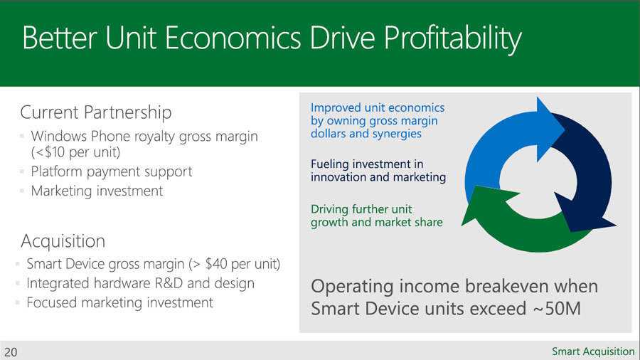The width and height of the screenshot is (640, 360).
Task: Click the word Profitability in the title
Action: pos(452,39)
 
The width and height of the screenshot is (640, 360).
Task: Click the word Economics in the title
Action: pos(233,38)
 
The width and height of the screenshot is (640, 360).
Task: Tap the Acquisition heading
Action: pos(63,241)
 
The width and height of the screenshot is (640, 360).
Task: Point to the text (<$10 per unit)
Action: pos(75,152)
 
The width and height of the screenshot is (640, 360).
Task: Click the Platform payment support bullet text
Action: pos(112,172)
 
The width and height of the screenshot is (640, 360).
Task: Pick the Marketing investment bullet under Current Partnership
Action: pos(97,191)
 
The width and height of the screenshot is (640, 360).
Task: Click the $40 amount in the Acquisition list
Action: pos(216,264)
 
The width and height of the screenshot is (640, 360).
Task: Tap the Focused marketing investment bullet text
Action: pos(119,302)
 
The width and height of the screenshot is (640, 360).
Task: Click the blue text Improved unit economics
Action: pos(378,107)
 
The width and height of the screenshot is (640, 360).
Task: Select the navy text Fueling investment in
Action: pos(367,164)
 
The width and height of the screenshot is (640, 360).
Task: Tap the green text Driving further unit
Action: pos(361,209)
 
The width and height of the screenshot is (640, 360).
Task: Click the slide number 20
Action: pos(11,352)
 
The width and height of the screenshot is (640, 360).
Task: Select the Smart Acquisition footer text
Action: pos(593,351)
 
